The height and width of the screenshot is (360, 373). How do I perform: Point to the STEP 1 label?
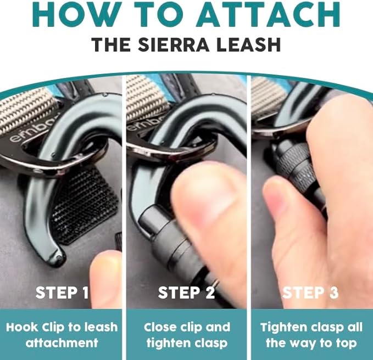pyautogui.click(x=62, y=292)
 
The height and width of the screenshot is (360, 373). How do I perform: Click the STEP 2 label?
pyautogui.click(x=186, y=292)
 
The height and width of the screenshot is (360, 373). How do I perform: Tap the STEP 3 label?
pyautogui.click(x=310, y=292)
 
